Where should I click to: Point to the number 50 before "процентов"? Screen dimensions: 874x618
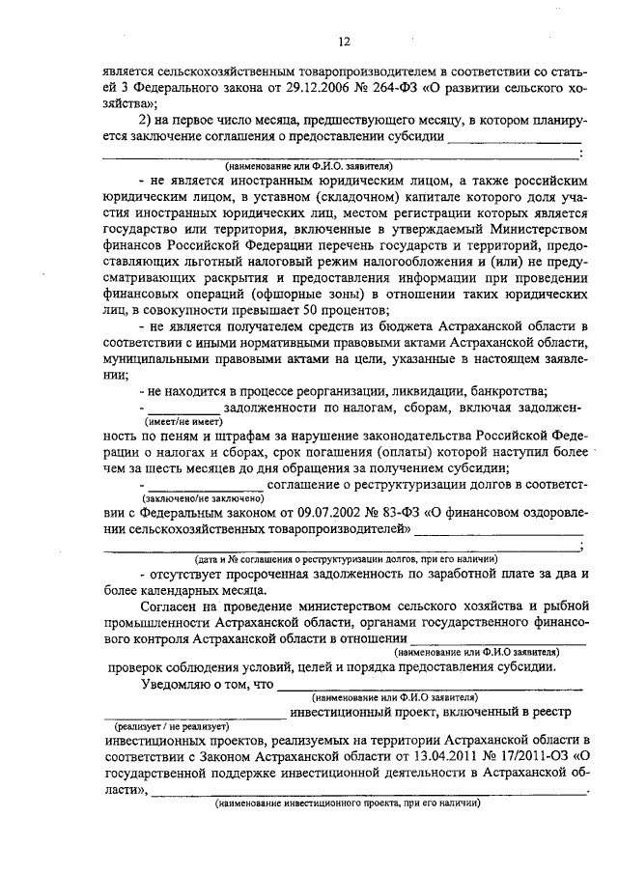click(334, 310)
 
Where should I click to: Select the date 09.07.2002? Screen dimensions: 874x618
click(315, 513)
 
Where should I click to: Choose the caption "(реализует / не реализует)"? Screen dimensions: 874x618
click(170, 725)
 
